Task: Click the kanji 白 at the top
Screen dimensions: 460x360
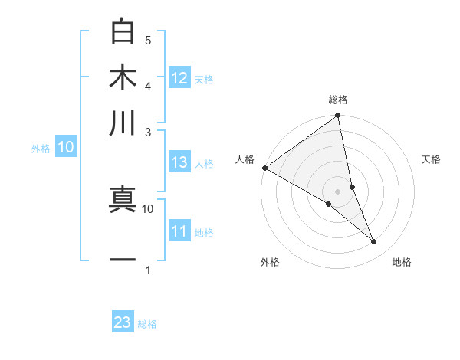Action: pyautogui.click(x=122, y=32)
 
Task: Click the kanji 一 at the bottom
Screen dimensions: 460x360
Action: pyautogui.click(x=122, y=260)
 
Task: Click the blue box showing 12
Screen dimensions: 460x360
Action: pyautogui.click(x=179, y=77)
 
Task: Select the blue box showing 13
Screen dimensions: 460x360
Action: pyautogui.click(x=179, y=162)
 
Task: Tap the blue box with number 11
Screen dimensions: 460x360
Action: pyautogui.click(x=179, y=231)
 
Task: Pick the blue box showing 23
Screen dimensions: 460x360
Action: pyautogui.click(x=123, y=322)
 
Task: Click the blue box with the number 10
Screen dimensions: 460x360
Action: pyautogui.click(x=66, y=148)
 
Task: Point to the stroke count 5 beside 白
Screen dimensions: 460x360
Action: pyautogui.click(x=148, y=40)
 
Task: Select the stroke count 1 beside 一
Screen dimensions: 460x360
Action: pyautogui.click(x=148, y=270)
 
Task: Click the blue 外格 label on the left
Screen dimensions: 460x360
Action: pyautogui.click(x=41, y=149)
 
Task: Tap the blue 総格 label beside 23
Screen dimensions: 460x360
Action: pyautogui.click(x=147, y=324)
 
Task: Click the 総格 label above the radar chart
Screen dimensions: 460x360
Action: pyautogui.click(x=337, y=100)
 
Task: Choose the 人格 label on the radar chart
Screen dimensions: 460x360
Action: pyautogui.click(x=245, y=159)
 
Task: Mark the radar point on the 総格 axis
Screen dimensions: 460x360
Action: pyautogui.click(x=337, y=116)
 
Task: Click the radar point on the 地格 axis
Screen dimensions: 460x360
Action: pyautogui.click(x=374, y=242)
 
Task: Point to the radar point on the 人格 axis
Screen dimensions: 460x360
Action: pyautogui.click(x=264, y=168)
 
